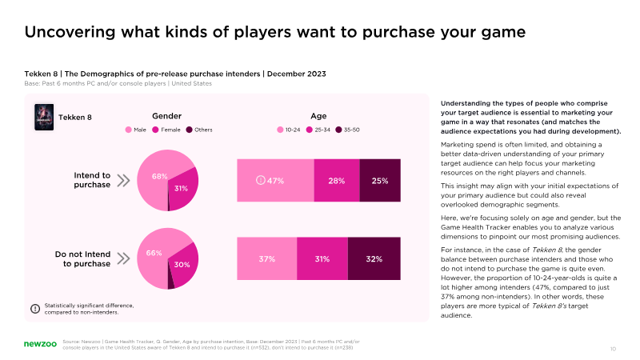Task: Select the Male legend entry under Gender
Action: (137, 130)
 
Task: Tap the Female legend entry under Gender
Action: (167, 130)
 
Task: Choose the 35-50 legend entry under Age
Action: (347, 130)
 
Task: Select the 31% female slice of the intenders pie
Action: (183, 190)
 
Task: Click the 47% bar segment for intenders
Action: (275, 180)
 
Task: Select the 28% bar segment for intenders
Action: (337, 180)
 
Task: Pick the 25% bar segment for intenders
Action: (380, 180)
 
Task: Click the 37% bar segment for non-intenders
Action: (266, 258)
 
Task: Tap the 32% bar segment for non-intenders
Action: (374, 258)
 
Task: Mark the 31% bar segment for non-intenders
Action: (322, 258)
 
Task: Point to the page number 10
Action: (613, 349)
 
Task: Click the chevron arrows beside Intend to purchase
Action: (123, 180)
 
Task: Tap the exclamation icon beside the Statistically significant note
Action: (35, 308)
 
